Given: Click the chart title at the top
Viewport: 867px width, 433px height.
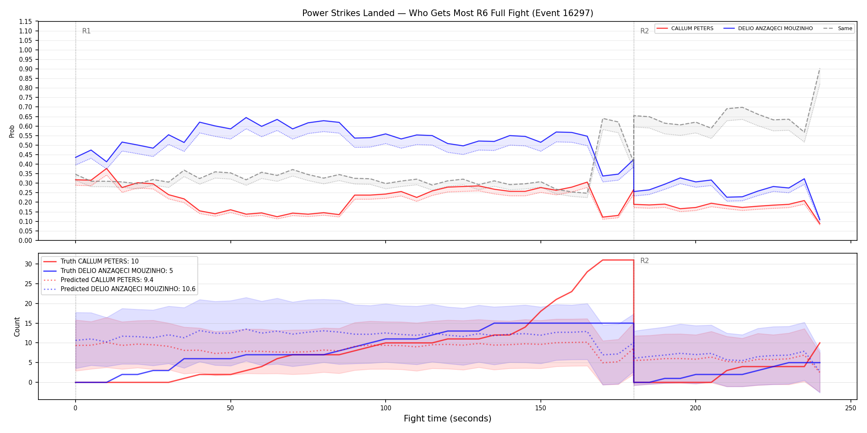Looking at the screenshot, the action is coord(448,13).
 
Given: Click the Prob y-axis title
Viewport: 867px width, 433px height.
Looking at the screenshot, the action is coord(12,131).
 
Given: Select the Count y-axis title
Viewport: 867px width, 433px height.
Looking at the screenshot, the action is coord(17,327).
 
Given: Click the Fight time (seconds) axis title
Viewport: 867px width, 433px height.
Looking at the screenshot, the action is coord(448,419).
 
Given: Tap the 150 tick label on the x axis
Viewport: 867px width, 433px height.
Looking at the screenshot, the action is coord(540,408).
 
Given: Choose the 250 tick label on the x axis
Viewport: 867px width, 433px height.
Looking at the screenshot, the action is coord(850,408).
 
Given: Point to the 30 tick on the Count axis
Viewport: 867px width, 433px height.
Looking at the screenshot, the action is coord(28,264).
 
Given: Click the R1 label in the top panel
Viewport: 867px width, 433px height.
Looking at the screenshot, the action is coord(86,31).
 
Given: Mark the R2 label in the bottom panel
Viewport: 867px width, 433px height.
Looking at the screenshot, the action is coord(644,261).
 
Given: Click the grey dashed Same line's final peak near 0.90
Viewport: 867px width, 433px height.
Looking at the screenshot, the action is coord(820,69).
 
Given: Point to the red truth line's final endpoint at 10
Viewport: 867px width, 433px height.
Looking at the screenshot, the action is coord(820,343).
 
